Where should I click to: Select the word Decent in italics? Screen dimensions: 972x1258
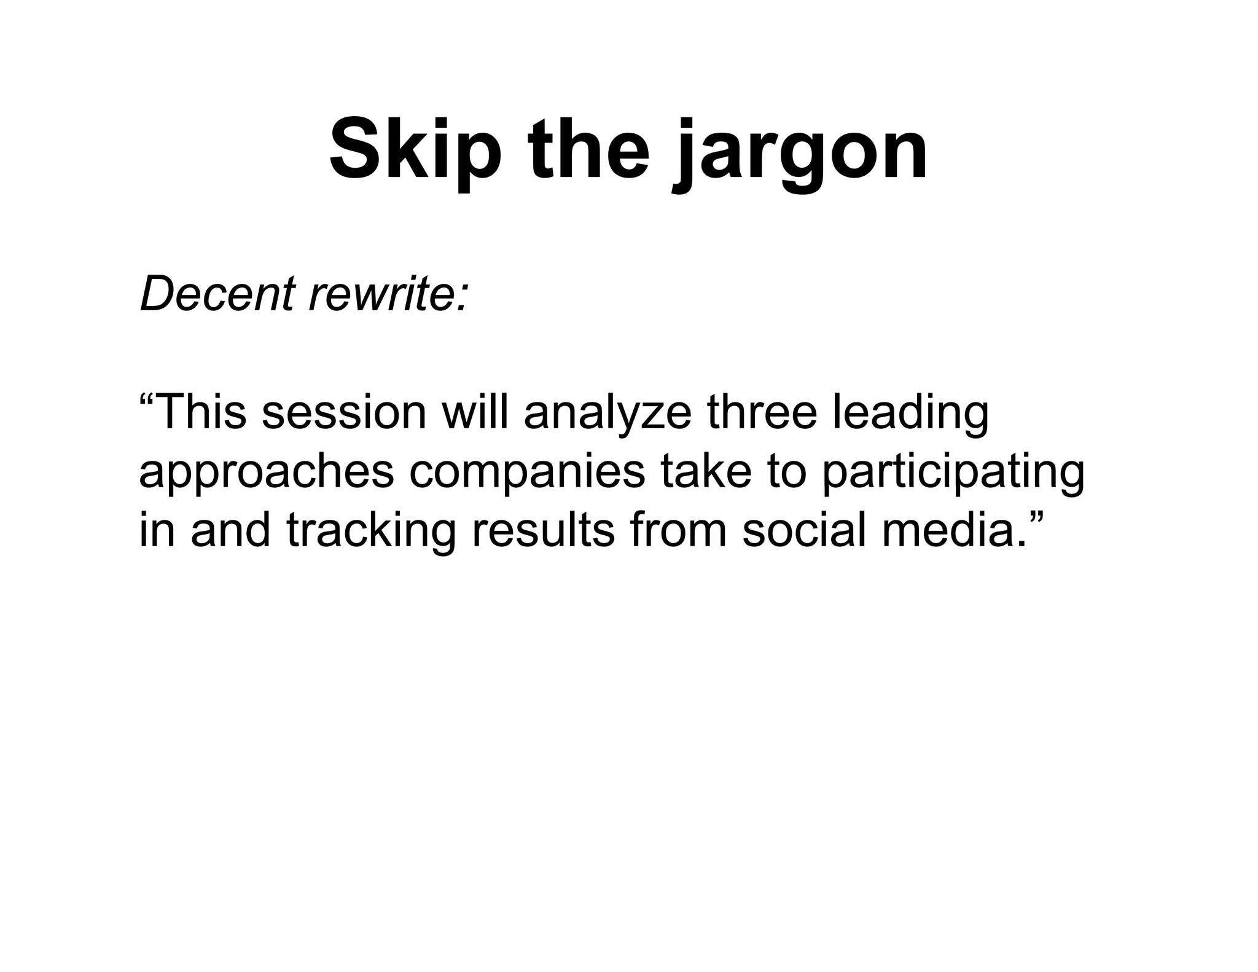pyautogui.click(x=217, y=294)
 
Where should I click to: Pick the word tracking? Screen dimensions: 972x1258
pyautogui.click(x=372, y=531)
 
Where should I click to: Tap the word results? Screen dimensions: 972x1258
pyautogui.click(x=543, y=530)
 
